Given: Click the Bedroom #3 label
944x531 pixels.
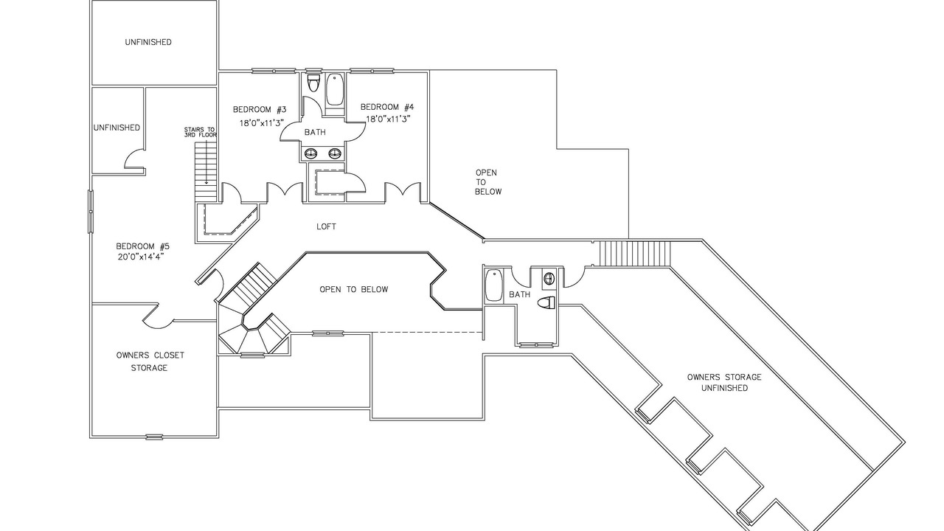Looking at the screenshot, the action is coord(260,110).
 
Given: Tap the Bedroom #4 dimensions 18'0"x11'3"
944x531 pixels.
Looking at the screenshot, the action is coord(388,119).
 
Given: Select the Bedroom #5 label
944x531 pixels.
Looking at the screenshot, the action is coord(143,246).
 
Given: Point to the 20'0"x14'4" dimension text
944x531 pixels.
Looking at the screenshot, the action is coord(141,257).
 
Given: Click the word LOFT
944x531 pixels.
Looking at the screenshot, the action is coord(326,226).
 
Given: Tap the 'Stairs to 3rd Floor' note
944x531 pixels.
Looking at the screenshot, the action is coord(200,132).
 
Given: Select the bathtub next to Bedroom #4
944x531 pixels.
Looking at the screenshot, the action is coord(335,90).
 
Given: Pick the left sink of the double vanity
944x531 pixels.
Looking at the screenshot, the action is coord(311,153).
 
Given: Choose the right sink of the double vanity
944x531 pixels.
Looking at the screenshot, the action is coord(336,153).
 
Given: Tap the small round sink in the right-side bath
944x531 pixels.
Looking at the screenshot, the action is coord(549,278).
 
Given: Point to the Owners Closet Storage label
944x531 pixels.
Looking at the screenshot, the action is coord(150,361).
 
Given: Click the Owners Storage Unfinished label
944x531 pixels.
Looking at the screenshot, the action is coord(724,383).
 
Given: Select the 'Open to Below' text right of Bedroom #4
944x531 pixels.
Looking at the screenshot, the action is coord(488,182).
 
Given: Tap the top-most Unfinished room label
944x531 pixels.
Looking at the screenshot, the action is coord(148,42).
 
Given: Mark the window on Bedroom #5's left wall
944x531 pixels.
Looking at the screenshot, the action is coord(90,211).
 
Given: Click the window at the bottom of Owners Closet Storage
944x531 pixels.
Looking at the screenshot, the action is coord(154,437).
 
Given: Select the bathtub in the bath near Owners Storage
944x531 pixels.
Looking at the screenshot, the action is coord(494,285).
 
